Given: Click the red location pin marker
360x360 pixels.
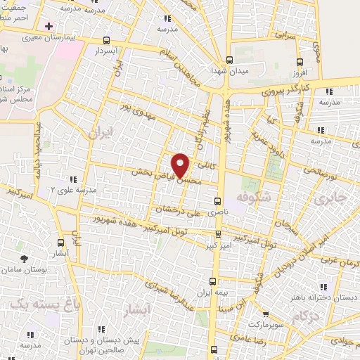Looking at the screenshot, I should [181, 165].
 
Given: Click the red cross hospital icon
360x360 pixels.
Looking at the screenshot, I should [48, 26].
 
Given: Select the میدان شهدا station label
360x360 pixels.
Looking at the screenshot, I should [228, 71].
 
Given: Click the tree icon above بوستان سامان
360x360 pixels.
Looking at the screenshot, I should [25, 259].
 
